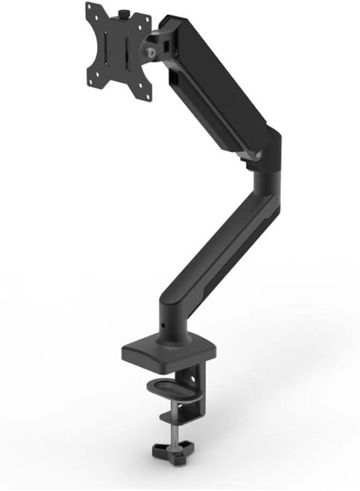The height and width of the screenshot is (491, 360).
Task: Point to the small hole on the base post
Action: pos(163,327)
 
